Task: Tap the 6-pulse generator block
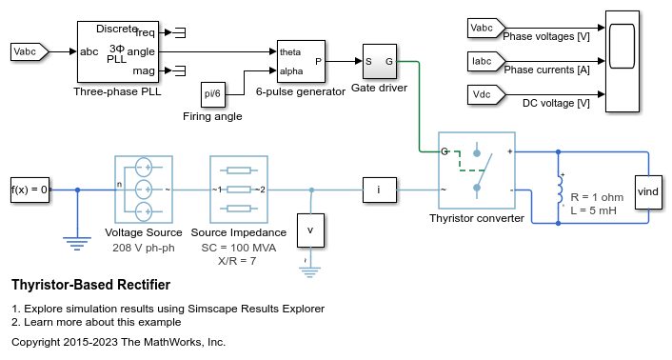tap(300, 63)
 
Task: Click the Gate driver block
tap(378, 63)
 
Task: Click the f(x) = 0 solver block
tap(30, 189)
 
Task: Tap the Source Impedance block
tap(238, 189)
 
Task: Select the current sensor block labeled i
tap(379, 190)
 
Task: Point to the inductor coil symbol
tap(559, 190)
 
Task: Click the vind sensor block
tap(648, 191)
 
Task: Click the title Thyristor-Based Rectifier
tap(90, 285)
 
